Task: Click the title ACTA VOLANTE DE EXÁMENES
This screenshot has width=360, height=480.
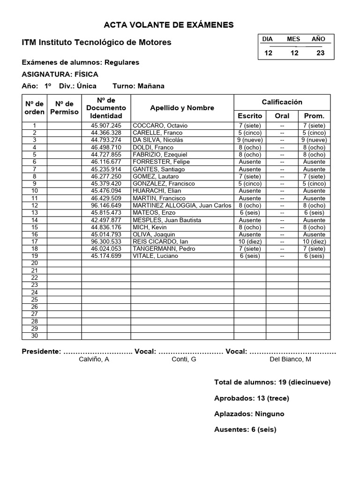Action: pos(168,25)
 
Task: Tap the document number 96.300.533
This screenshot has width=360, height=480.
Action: pos(106,241)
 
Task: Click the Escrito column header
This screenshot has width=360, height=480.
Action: pos(250,116)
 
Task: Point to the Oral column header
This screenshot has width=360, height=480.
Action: pos(282,116)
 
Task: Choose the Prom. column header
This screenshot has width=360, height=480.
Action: pos(314,116)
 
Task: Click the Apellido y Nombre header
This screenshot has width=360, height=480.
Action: pos(182,108)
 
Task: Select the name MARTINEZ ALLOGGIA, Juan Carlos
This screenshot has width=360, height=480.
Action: pos(182,205)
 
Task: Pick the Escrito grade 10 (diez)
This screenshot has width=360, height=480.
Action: pos(250,241)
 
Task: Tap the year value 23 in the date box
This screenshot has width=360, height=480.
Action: pos(321,53)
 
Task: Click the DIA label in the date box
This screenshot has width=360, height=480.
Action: pos(267,39)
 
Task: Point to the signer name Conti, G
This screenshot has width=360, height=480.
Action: pos(184,359)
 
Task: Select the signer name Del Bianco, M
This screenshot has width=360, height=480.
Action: pos(290,359)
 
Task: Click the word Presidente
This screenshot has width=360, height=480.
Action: pos(41,351)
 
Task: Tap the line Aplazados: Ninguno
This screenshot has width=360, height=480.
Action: pos(249,414)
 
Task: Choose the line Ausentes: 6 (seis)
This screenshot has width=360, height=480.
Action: pos(245,429)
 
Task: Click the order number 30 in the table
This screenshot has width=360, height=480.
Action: pos(34,336)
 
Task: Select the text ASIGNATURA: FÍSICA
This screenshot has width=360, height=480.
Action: pos(60,74)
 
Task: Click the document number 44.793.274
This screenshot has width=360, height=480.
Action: pos(106,140)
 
